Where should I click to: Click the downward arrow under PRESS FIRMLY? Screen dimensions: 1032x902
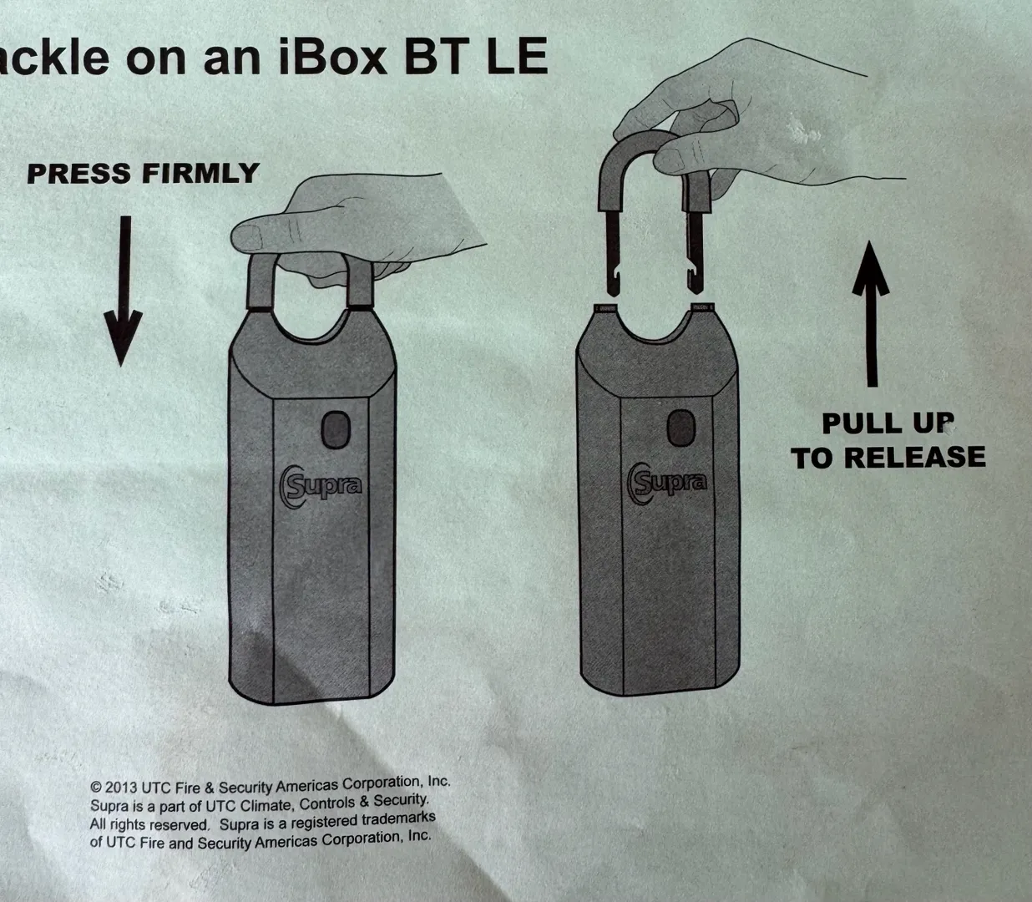(123, 291)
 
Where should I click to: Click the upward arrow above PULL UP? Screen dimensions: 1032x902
(871, 314)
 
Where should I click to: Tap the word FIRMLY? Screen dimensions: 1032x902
(200, 174)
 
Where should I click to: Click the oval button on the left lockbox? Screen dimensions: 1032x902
(336, 429)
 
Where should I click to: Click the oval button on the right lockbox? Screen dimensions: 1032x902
(681, 428)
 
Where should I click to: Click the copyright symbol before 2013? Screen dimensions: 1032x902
(96, 787)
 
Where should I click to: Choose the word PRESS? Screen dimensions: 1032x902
(79, 174)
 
